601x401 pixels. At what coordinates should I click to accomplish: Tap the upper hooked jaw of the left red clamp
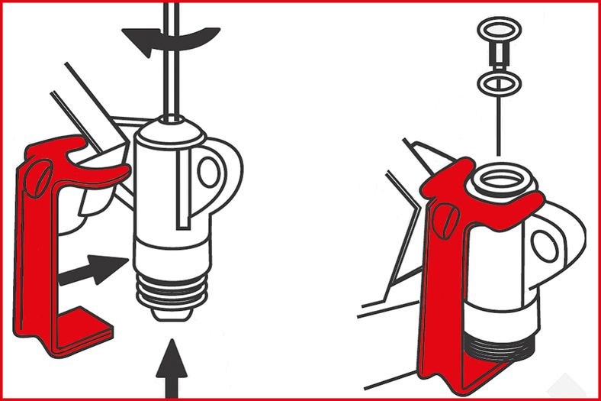[103, 172]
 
